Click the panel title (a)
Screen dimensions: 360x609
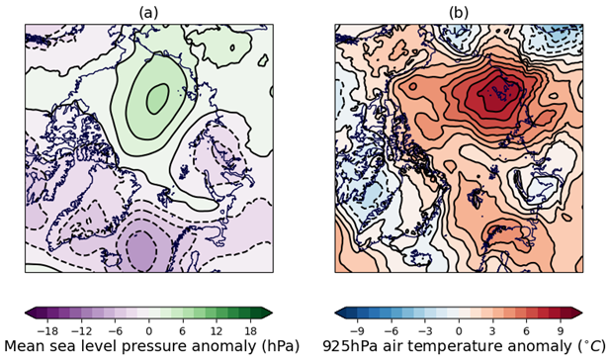tap(148, 12)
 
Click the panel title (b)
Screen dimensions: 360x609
tap(459, 12)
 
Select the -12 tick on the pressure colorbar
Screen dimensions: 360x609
tap(84, 328)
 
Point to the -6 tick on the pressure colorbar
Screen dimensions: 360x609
tap(117, 328)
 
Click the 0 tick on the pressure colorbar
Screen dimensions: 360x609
tap(149, 328)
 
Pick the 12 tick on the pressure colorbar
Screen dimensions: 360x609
tap(214, 328)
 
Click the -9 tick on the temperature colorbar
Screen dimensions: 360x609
tap(361, 328)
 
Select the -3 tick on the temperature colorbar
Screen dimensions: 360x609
tap(426, 328)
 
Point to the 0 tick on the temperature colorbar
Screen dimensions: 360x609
tap(459, 328)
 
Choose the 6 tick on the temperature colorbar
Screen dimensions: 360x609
tap(524, 328)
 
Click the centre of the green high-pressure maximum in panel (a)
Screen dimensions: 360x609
tap(156, 97)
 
